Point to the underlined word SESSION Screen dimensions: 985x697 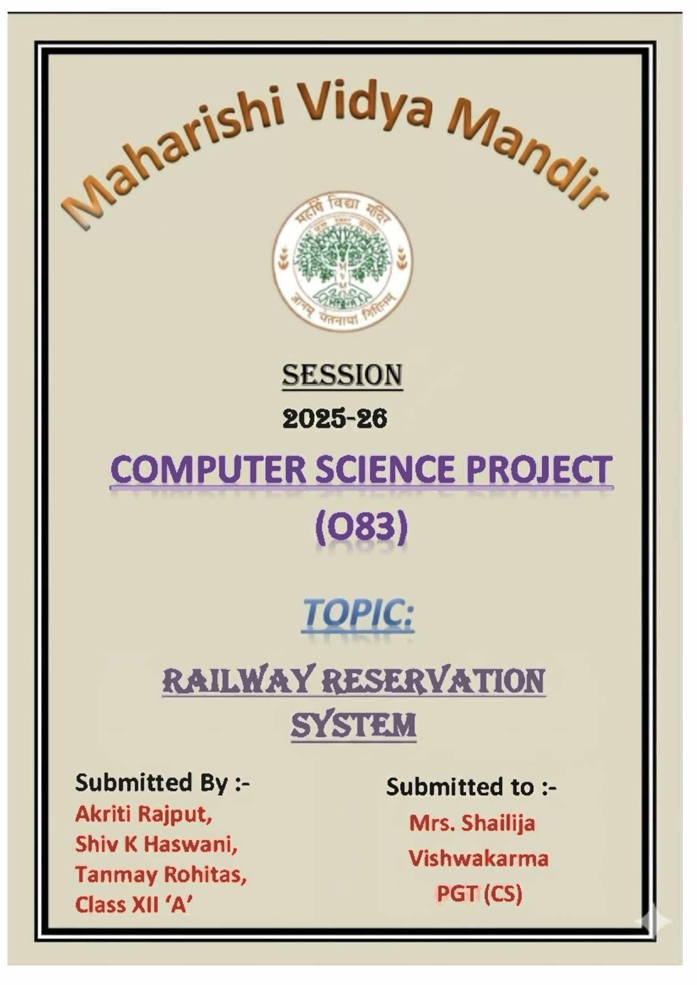(342, 375)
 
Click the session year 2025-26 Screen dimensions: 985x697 (335, 418)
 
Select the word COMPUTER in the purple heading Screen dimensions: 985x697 (207, 470)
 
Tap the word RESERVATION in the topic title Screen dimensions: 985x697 (433, 681)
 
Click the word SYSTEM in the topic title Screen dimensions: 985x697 (353, 725)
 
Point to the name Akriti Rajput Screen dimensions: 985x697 (143, 814)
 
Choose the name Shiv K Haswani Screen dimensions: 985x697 (156, 844)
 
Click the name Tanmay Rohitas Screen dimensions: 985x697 (160, 874)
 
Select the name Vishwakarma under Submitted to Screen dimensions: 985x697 (478, 858)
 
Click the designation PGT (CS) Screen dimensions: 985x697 (479, 893)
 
